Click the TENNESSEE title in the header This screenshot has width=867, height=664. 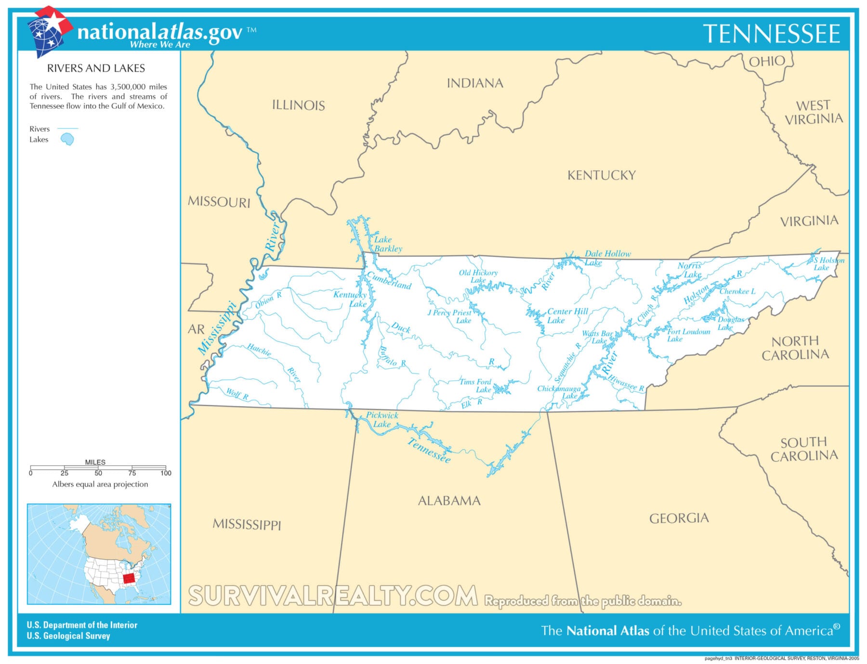[771, 34]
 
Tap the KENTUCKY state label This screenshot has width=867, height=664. [601, 175]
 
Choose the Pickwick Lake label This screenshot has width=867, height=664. [381, 419]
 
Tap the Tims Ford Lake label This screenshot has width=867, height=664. [476, 386]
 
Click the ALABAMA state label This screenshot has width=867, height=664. [449, 501]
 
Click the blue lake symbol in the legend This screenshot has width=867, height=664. [67, 140]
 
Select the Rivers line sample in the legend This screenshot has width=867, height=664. [67, 129]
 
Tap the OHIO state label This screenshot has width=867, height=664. [766, 61]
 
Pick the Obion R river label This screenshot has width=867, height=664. [268, 299]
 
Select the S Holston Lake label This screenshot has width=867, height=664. [828, 264]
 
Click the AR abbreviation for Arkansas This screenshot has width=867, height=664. [196, 329]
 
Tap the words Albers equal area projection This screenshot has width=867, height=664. [100, 484]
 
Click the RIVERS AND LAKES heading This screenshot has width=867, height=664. [96, 68]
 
